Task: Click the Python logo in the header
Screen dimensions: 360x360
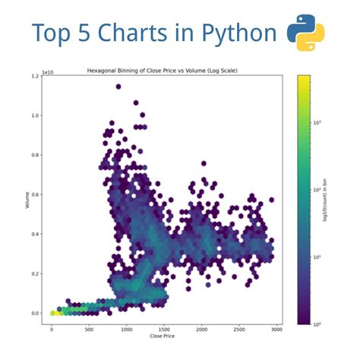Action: tap(305, 33)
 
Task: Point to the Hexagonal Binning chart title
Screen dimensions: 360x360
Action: tap(163, 70)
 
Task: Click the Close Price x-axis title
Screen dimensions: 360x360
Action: tap(163, 335)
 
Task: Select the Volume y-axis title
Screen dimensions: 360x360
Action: tap(27, 200)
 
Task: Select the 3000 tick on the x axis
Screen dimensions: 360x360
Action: tap(276, 328)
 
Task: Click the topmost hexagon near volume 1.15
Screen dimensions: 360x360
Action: tap(118, 87)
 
